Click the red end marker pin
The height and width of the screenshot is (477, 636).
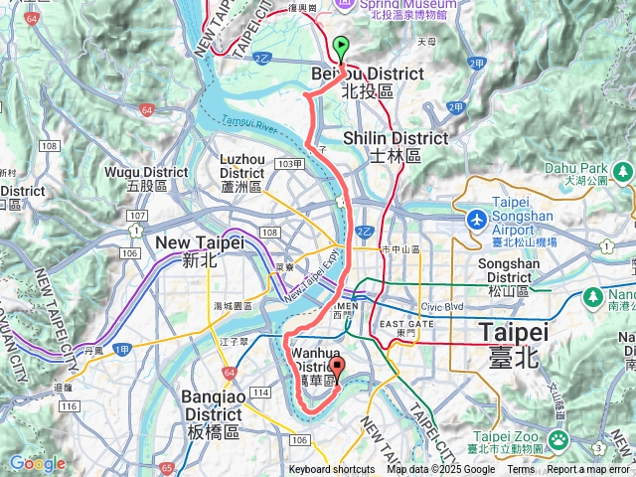[337, 370]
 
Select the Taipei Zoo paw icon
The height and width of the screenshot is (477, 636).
[559, 438]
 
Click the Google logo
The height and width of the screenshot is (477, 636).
[37, 463]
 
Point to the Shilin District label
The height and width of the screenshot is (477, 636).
[395, 145]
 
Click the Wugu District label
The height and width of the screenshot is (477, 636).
[147, 178]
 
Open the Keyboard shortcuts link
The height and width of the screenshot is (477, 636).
[332, 470]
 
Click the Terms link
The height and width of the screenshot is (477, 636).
[521, 470]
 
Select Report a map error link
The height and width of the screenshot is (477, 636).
[588, 470]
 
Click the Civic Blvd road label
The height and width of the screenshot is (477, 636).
[443, 306]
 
